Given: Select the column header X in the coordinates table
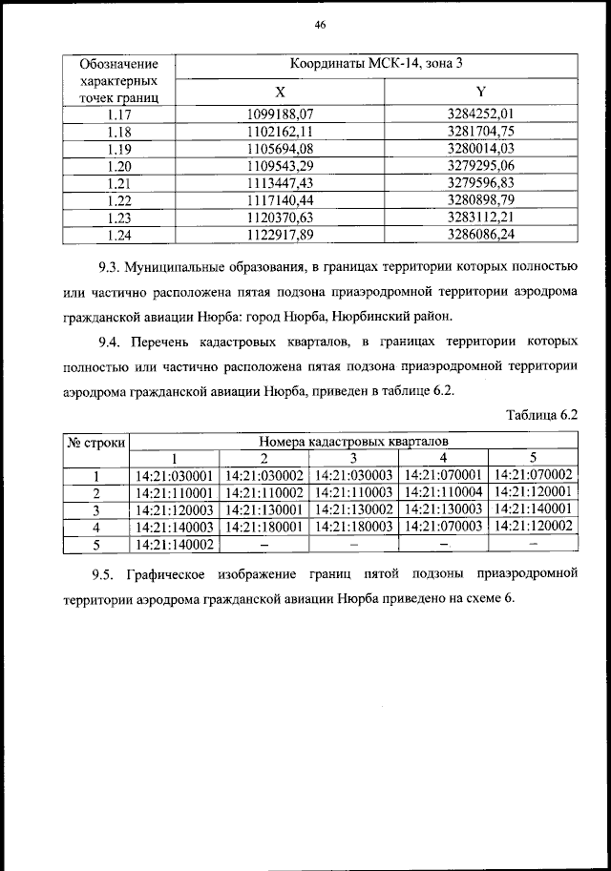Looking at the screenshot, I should pyautogui.click(x=280, y=92).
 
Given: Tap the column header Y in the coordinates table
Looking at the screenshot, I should pyautogui.click(x=481, y=92).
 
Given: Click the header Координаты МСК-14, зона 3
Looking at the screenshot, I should pyautogui.click(x=380, y=65).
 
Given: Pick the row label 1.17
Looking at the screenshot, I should pyautogui.click(x=119, y=114).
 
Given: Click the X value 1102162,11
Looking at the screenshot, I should pyautogui.click(x=280, y=131).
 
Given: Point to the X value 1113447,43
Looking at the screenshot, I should pyautogui.click(x=280, y=182).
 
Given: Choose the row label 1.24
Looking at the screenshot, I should pyautogui.click(x=119, y=234).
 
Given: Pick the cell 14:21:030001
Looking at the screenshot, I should pyautogui.click(x=174, y=474).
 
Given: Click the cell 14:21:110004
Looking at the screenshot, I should pyautogui.click(x=442, y=492).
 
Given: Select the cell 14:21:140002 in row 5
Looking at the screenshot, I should pyautogui.click(x=174, y=544).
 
